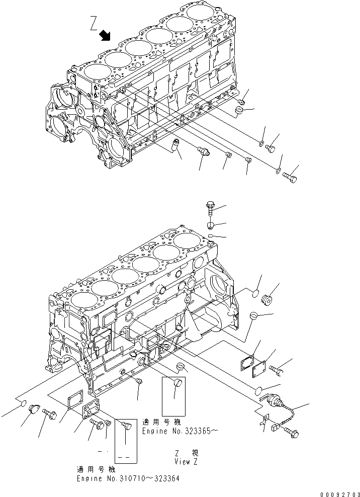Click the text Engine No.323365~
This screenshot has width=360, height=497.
coord(179,431)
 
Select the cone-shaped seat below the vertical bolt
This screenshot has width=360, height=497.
coord(211,225)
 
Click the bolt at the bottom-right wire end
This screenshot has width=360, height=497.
coord(293,432)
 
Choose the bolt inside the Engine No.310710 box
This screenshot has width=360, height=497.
coord(125,427)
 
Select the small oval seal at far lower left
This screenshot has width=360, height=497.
coord(23,402)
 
